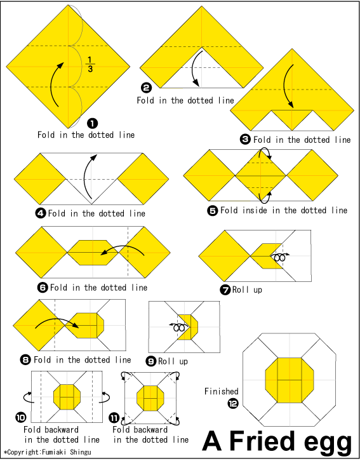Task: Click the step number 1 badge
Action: click(x=92, y=123)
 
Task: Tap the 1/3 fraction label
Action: click(x=90, y=64)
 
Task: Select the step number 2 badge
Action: click(x=146, y=88)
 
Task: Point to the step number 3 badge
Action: click(x=245, y=139)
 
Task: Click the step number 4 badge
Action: click(x=40, y=213)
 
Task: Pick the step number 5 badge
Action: click(x=213, y=211)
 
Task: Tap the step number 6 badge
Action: click(x=43, y=287)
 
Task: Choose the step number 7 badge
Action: click(x=225, y=290)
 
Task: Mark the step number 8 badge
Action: click(x=25, y=359)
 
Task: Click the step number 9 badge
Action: click(x=151, y=361)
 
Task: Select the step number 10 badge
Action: click(x=21, y=417)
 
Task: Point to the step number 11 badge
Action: click(x=114, y=417)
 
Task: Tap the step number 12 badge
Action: click(x=233, y=403)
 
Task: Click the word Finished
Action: click(x=222, y=391)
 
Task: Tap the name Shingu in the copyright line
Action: click(x=81, y=452)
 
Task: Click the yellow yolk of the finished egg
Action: click(x=290, y=380)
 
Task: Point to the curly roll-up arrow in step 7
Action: click(x=280, y=257)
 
